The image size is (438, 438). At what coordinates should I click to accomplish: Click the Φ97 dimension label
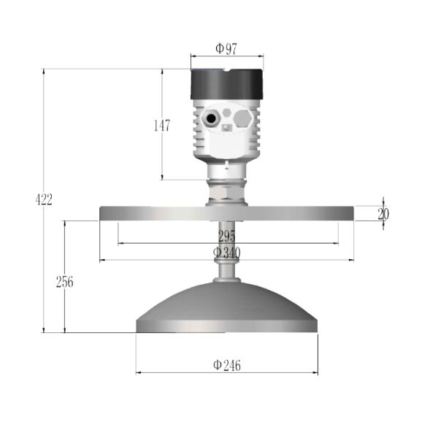coord(226,48)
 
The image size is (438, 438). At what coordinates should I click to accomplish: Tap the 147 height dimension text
coord(161,126)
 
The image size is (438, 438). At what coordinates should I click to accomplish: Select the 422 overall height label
coord(44,200)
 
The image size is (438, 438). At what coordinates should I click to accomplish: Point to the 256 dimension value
coord(65,282)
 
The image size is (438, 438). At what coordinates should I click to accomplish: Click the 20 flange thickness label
coord(383,214)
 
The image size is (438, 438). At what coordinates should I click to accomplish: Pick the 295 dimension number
coord(227,236)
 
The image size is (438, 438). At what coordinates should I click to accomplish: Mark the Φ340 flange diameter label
coord(227,252)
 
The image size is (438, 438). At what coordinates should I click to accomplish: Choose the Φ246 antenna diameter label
coord(227,365)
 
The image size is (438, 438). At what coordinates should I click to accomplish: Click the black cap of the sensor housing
coord(227,85)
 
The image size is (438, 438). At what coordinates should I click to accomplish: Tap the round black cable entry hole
coord(212,118)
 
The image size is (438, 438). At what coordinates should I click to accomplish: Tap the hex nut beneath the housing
coord(227,191)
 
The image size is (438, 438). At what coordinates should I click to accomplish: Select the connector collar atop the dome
coord(227,273)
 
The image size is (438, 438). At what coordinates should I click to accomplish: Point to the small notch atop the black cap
coord(227,71)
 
